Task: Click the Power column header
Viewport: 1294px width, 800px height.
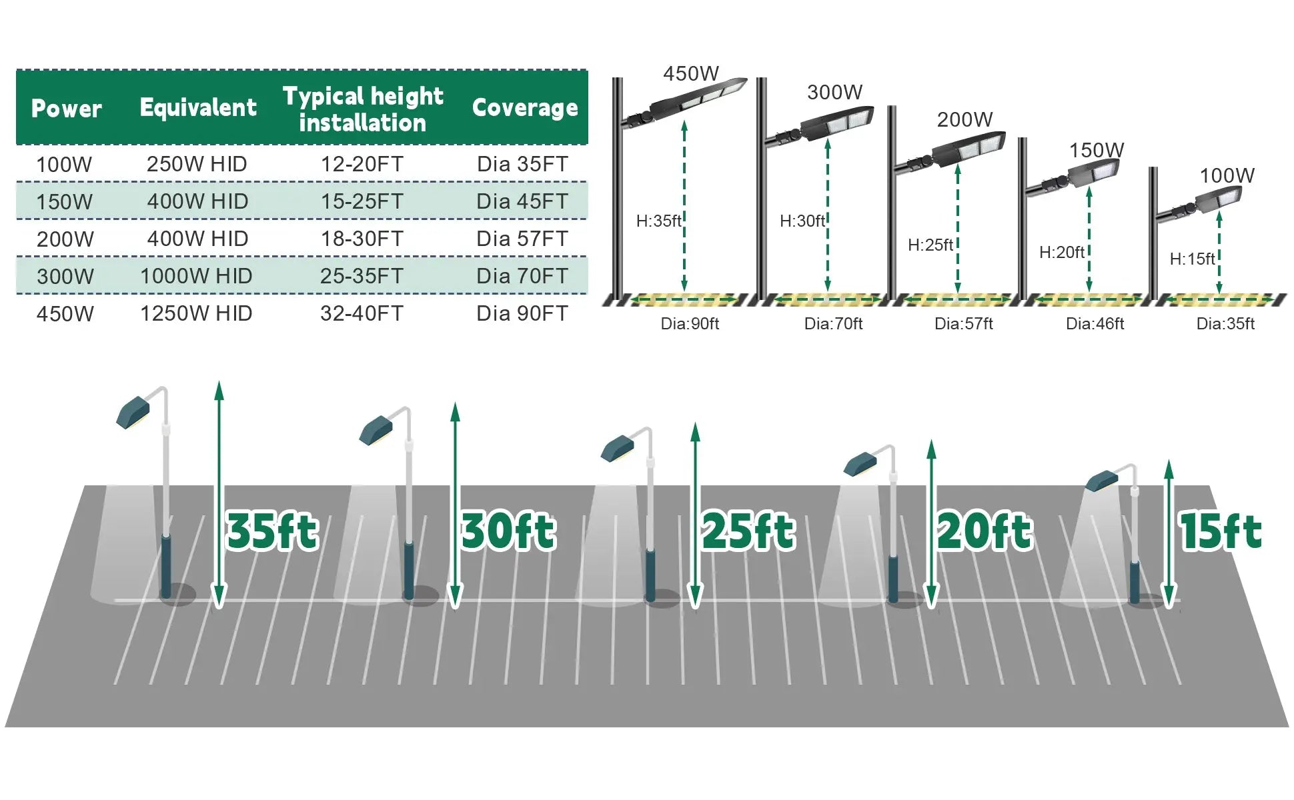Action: click(66, 108)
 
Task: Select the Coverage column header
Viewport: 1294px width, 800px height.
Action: click(524, 108)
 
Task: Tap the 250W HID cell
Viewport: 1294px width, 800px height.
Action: click(197, 164)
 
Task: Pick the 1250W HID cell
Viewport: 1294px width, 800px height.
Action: click(196, 313)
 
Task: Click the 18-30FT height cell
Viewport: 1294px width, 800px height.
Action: click(362, 239)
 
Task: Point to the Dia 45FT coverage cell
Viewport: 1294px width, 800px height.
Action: click(522, 201)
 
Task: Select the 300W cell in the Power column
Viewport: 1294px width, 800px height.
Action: click(65, 276)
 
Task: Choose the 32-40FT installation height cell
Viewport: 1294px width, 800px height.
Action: click(362, 313)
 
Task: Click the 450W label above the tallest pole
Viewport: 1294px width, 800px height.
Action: click(690, 73)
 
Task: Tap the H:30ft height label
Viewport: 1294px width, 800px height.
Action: click(802, 221)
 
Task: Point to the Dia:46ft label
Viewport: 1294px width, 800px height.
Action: click(1095, 324)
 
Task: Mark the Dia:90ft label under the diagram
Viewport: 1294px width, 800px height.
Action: click(690, 324)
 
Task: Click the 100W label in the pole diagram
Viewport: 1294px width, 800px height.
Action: click(1227, 175)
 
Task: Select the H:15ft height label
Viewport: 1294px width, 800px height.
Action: click(1192, 259)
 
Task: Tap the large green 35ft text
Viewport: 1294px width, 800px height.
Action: click(272, 532)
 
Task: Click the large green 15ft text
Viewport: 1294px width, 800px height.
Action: click(1221, 532)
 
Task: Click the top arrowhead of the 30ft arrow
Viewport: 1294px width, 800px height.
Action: click(456, 411)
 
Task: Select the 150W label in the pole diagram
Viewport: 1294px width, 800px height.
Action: click(1097, 150)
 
